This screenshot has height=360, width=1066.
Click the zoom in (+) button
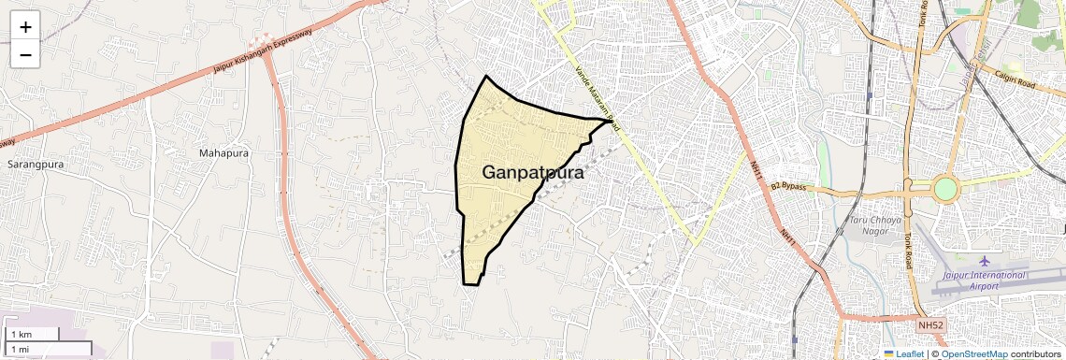click(x=25, y=27)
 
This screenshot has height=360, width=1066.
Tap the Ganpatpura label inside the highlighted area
click(x=533, y=173)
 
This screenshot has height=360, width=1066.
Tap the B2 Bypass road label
click(x=787, y=187)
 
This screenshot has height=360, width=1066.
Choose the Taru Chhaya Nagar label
click(x=876, y=225)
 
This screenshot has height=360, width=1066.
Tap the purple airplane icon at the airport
click(x=984, y=260)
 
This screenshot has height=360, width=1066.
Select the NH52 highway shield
click(x=930, y=324)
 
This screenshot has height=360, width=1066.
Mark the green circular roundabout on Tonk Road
click(x=945, y=189)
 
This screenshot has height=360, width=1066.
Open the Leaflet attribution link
click(x=904, y=354)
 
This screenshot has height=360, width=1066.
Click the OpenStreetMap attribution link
click(x=973, y=354)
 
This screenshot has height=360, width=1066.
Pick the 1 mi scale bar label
click(x=20, y=349)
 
